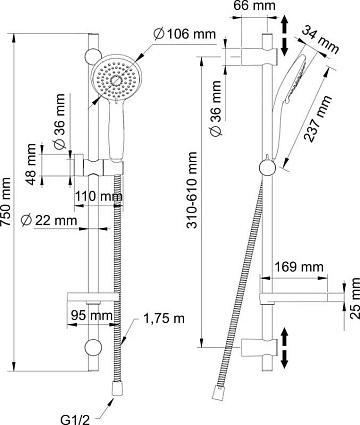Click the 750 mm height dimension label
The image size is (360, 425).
(x=7, y=202)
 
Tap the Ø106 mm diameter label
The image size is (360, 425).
(x=185, y=34)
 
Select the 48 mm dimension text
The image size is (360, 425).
(x=31, y=164)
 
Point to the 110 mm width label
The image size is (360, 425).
(x=98, y=197)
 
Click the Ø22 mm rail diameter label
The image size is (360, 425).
(x=49, y=220)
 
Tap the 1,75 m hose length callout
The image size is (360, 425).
(x=164, y=318)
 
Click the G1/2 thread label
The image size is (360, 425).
(x=76, y=419)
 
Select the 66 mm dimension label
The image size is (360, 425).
(x=254, y=6)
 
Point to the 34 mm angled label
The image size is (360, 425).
(x=320, y=39)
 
